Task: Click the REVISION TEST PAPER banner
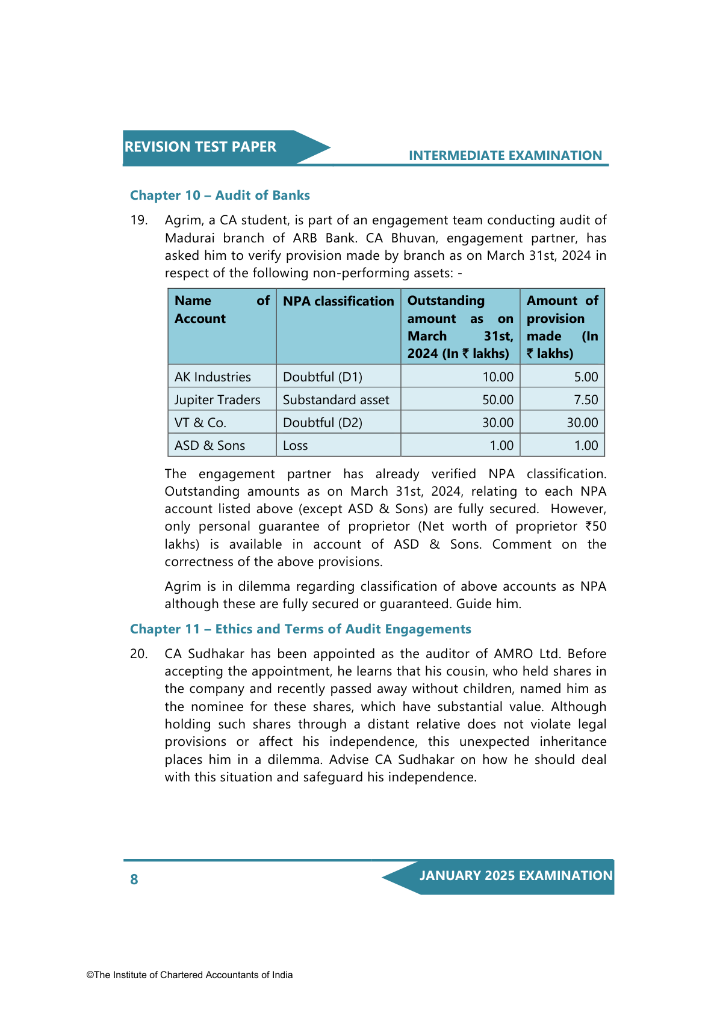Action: point(200,147)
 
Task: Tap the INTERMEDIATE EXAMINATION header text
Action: point(505,156)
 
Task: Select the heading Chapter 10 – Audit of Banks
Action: point(220,196)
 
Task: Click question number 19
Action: point(138,220)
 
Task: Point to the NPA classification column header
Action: point(338,301)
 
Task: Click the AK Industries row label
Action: point(213,377)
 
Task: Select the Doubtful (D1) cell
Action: point(323,377)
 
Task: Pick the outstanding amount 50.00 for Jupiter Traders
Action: point(498,400)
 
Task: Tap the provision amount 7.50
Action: point(586,400)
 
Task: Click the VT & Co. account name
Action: point(200,423)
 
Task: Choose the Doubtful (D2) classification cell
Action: point(323,423)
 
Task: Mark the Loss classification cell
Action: point(296,446)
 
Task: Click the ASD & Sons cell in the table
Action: point(210,446)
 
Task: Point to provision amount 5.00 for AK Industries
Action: point(586,377)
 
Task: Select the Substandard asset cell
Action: point(336,400)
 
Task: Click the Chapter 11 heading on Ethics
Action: point(300,629)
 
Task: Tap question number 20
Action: point(138,654)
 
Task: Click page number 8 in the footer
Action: point(134,879)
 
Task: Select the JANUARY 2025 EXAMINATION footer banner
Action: point(515,876)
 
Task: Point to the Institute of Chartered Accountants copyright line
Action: point(190,975)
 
